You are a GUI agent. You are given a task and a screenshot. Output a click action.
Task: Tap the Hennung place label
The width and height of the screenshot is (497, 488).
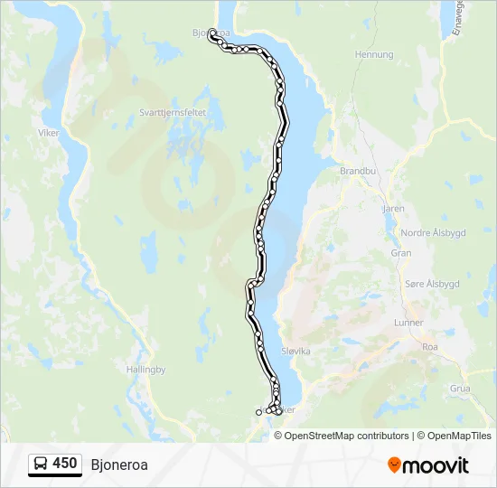click(x=375, y=54)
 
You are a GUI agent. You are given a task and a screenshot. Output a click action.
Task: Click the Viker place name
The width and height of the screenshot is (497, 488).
click(x=48, y=133)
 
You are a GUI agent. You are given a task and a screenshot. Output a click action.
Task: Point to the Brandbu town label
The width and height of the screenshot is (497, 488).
click(x=356, y=170)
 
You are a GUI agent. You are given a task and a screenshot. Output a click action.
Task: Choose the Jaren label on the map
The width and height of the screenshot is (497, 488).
click(x=393, y=208)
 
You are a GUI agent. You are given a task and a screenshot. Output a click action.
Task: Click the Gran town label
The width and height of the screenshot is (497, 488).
click(x=400, y=253)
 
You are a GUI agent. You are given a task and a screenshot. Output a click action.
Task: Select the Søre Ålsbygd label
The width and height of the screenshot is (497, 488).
click(x=431, y=284)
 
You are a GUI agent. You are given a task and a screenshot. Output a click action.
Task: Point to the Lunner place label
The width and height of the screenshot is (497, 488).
click(x=408, y=323)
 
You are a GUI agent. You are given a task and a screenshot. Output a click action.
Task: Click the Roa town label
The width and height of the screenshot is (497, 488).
click(x=430, y=345)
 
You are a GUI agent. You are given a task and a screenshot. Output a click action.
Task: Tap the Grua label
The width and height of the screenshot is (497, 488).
click(x=459, y=388)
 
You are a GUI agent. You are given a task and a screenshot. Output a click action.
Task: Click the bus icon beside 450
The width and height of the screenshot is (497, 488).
click(x=41, y=465)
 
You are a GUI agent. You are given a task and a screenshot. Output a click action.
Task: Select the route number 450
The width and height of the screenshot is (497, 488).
click(x=64, y=464)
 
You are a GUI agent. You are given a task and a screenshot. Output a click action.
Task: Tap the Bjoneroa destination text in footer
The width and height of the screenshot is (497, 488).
click(x=119, y=465)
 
